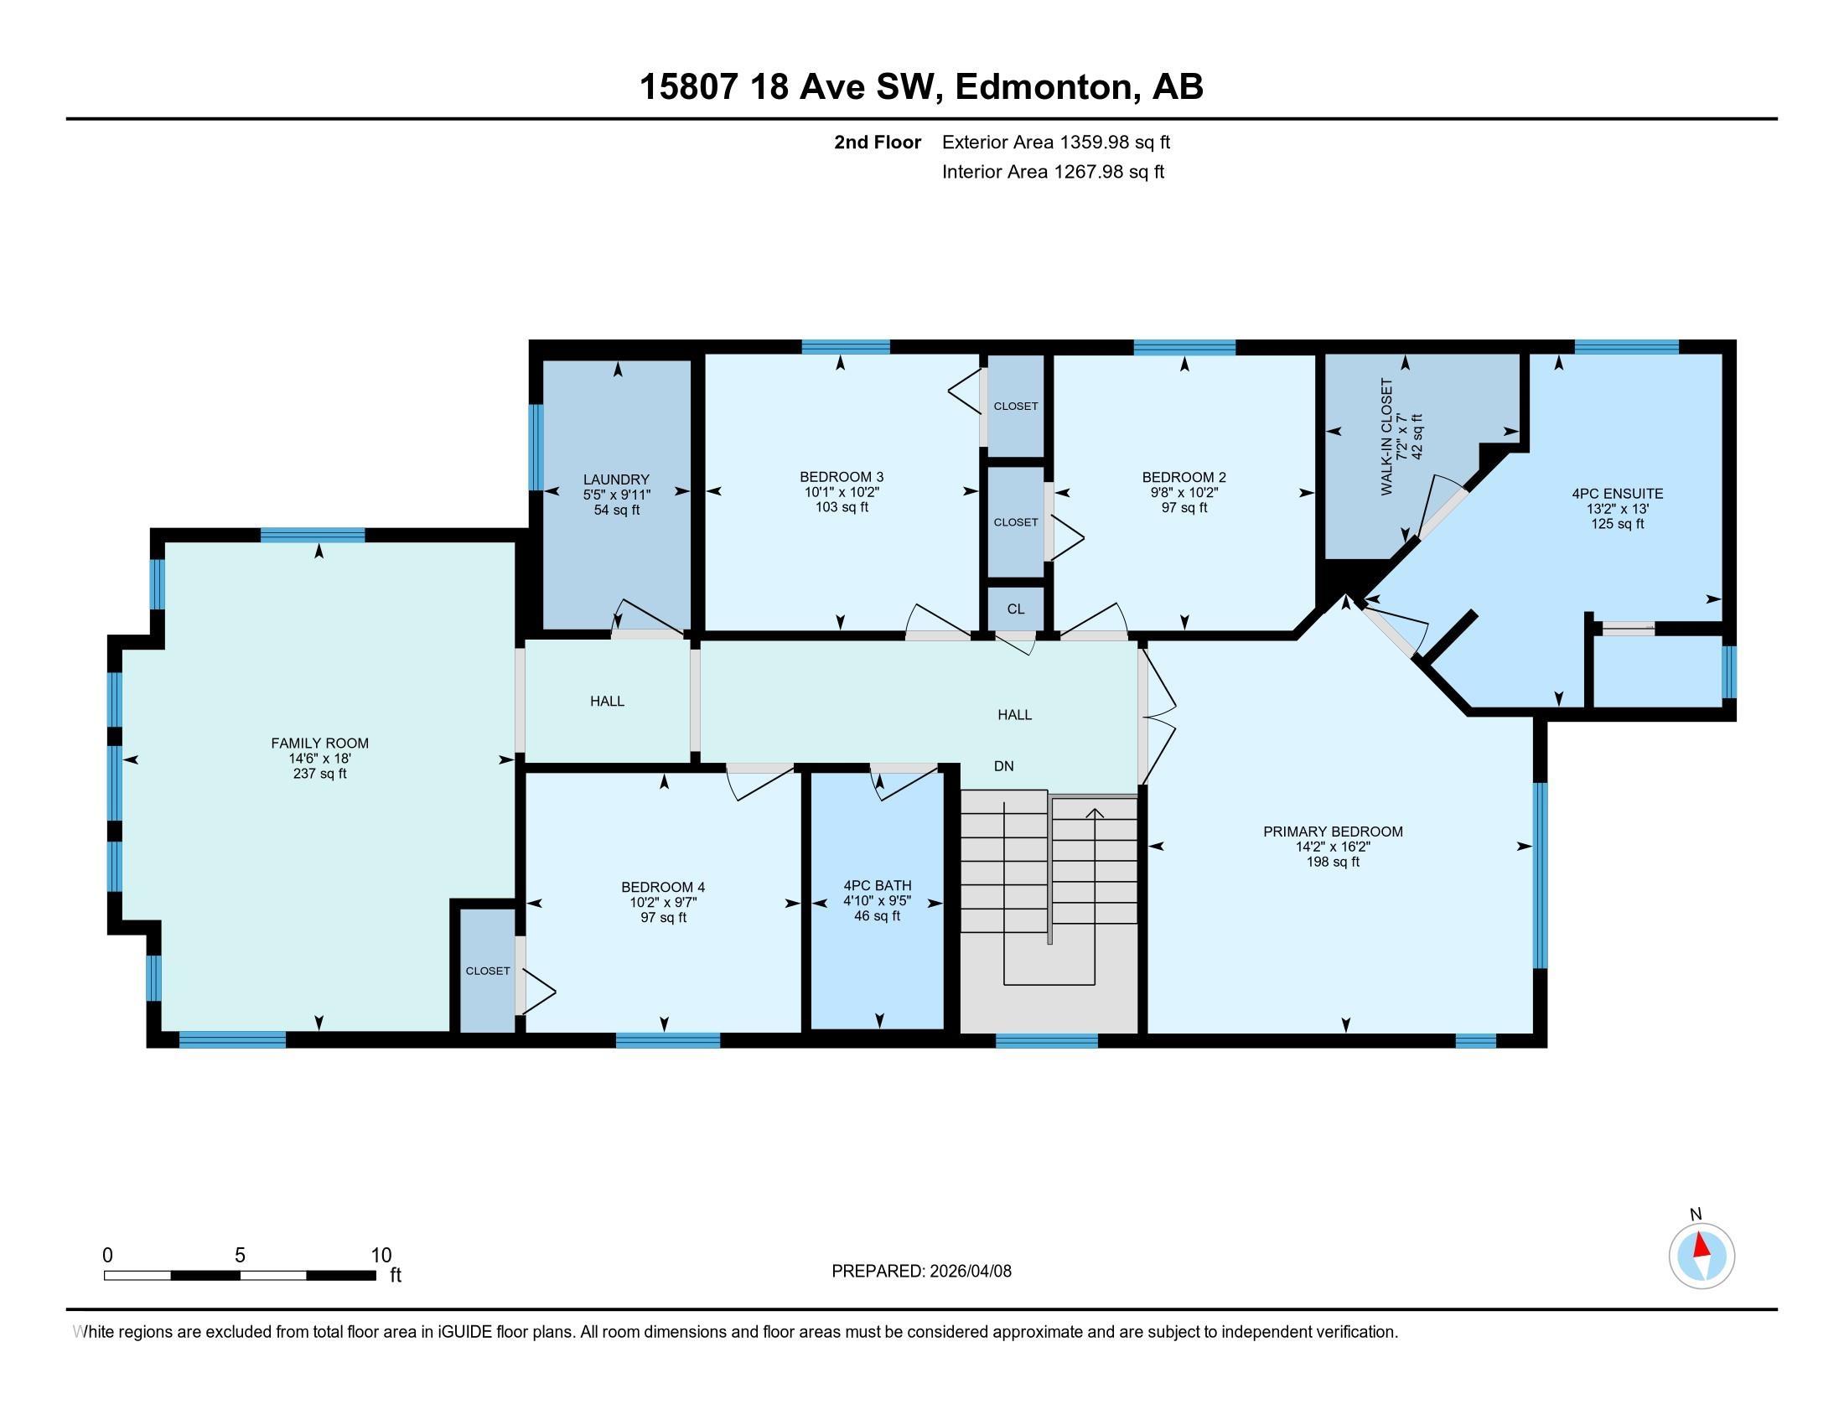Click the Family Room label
pos(319,743)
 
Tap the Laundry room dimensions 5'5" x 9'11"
pos(616,495)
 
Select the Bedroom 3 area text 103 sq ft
pos(842,507)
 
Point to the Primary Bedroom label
pos(1333,832)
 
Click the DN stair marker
pos(1004,766)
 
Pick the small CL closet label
pos(1016,609)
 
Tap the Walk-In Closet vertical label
pos(1386,437)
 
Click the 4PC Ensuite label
pos(1618,494)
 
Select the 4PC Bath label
pos(878,885)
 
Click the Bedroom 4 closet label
pos(488,971)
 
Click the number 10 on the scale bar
pos(381,1256)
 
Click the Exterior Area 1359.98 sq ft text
pos(1056,142)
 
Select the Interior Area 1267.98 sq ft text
pos(1053,171)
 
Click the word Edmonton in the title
pos(1044,86)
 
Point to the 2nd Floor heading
pos(878,142)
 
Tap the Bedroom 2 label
pos(1184,477)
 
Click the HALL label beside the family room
pos(607,701)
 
